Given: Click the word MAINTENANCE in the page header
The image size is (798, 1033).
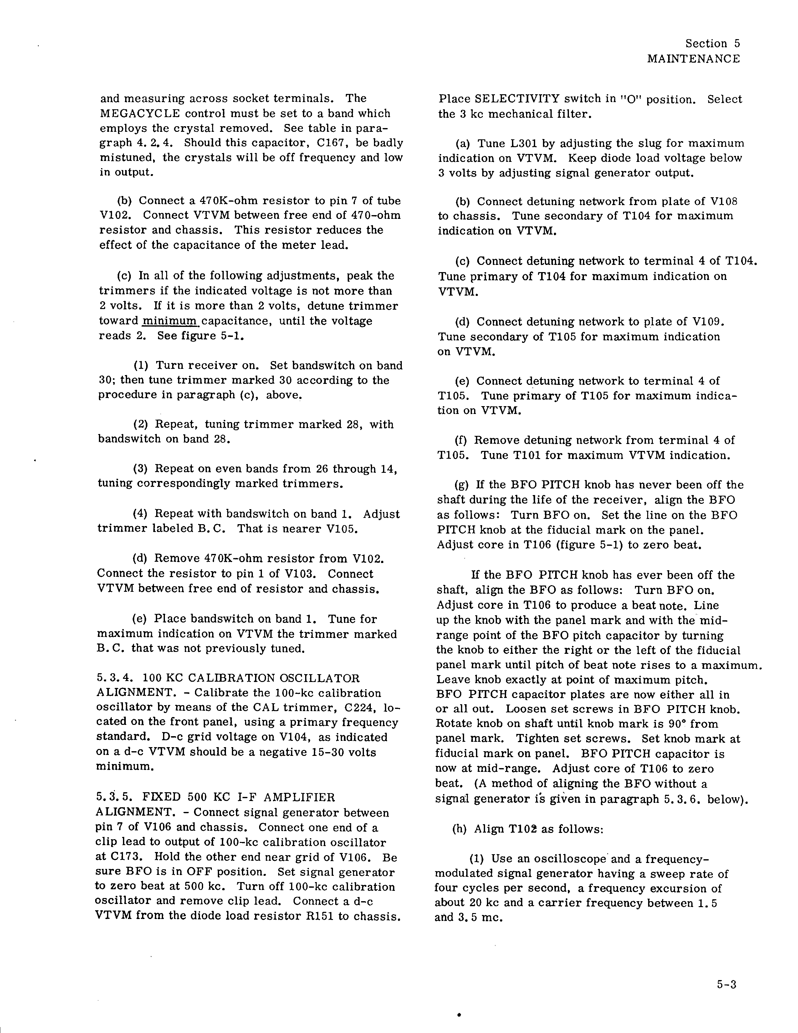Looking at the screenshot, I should point(693,59).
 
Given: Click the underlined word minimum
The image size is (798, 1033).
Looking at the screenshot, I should point(170,321).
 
